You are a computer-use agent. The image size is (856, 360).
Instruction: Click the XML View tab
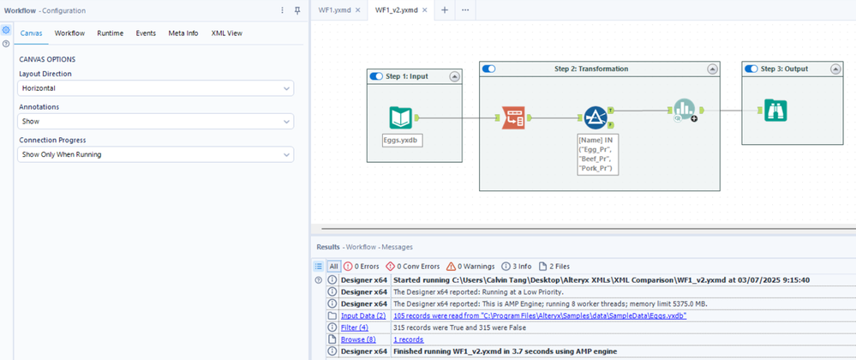[x=227, y=33]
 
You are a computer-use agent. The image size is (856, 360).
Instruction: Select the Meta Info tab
[x=183, y=33]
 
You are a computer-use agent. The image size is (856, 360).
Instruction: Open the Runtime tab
[x=110, y=33]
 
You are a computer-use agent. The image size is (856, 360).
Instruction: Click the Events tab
[x=146, y=33]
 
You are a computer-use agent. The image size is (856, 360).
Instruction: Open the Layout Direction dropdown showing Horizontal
[x=156, y=88]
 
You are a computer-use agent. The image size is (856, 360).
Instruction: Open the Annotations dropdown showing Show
[x=156, y=122]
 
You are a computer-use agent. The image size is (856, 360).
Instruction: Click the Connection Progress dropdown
[x=156, y=155]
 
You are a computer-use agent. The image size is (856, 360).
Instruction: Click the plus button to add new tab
[x=445, y=10]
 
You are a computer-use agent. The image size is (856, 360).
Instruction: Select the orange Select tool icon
[x=513, y=117]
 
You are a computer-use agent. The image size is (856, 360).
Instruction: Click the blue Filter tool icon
[x=596, y=117]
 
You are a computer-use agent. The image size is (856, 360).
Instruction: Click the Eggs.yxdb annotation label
[x=402, y=140]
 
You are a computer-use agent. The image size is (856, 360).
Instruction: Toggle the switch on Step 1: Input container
[x=375, y=76]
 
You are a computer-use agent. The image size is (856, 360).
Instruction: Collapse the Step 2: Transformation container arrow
[x=711, y=69]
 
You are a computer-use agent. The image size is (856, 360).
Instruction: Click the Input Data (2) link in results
[x=362, y=316]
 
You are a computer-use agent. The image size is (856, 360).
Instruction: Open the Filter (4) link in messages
[x=354, y=327]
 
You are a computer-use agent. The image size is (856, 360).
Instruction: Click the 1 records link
[x=408, y=339]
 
